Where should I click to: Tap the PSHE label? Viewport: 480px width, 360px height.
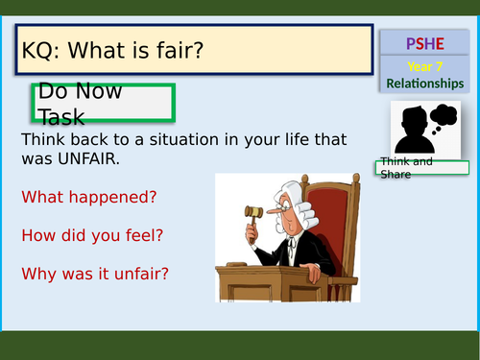coord(424,43)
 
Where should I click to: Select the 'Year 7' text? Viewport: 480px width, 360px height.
coord(424,66)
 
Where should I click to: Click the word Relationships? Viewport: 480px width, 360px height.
coord(424,84)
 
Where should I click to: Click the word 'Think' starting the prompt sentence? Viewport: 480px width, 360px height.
coord(42,140)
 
